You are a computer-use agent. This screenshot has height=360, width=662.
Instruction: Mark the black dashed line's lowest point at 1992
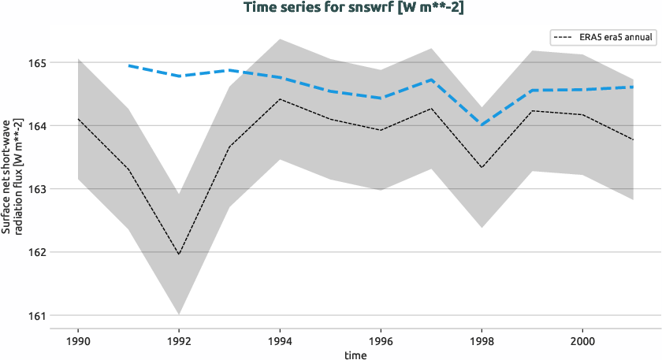[x=179, y=254]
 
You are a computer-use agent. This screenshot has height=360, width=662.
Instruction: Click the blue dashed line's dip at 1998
[x=482, y=124]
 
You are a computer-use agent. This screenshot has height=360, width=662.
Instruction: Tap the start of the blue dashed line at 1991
[x=128, y=65]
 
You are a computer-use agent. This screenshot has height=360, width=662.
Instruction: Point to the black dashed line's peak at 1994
[x=280, y=99]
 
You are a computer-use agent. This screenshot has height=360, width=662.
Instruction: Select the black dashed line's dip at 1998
[x=482, y=167]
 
